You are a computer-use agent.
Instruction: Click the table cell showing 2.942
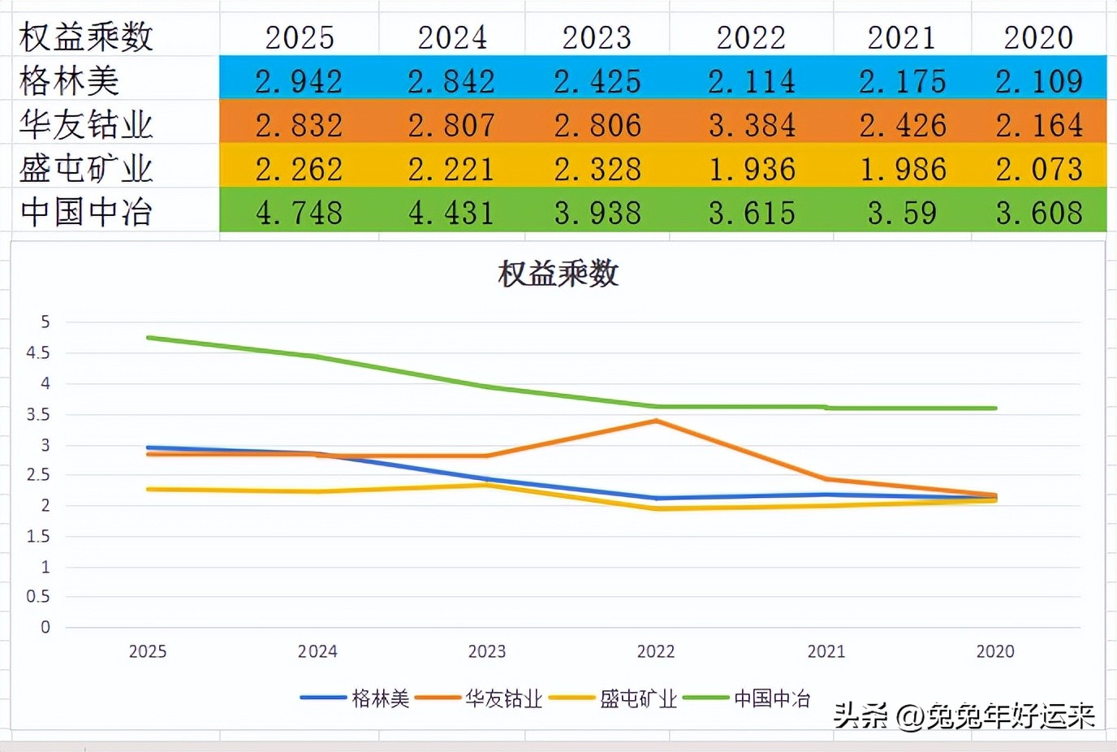point(299,81)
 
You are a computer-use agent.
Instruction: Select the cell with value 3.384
point(752,125)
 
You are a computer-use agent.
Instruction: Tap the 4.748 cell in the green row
point(299,213)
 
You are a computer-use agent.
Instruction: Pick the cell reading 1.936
point(752,169)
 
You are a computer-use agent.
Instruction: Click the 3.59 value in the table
point(902,213)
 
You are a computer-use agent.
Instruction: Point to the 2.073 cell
point(1039,169)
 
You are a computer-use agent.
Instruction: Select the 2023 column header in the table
point(597,37)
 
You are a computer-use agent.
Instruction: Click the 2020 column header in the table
point(1038,37)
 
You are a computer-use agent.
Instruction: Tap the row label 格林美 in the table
point(70,81)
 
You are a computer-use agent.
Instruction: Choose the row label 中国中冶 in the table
point(86,213)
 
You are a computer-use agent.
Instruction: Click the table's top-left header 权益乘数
point(86,37)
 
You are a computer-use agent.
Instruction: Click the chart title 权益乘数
point(558,274)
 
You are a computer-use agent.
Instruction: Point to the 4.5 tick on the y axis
point(38,353)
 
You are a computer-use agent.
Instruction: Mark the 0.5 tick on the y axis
point(38,597)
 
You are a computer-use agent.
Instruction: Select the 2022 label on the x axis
point(656,651)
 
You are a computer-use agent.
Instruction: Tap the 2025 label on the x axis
point(148,651)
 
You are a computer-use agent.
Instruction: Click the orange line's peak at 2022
point(656,421)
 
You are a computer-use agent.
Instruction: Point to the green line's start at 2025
point(149,338)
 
